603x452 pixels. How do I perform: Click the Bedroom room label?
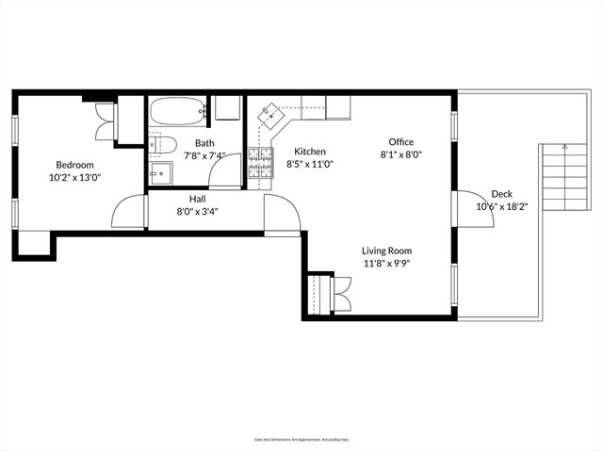click(74, 164)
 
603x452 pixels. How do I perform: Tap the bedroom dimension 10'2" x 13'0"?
click(74, 177)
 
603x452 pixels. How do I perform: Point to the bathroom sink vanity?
click(161, 173)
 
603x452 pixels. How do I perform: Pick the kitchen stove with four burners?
click(259, 165)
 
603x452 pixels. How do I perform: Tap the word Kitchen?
click(310, 152)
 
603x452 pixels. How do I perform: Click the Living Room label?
click(387, 250)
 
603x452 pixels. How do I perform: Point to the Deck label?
click(501, 194)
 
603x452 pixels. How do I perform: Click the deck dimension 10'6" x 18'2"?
click(501, 206)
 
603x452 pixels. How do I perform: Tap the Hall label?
click(198, 199)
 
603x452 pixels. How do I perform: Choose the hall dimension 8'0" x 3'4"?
click(198, 212)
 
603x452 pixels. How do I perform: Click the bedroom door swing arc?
click(129, 211)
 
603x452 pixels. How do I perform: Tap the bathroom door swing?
click(226, 171)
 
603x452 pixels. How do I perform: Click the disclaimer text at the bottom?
click(301, 439)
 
